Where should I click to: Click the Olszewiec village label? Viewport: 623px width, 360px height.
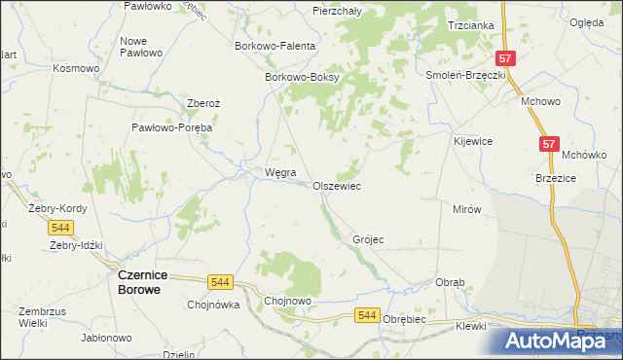pyautogui.click(x=337, y=186)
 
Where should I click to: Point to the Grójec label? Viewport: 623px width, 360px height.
pyautogui.click(x=369, y=238)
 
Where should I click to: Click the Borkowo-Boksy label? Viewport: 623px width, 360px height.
pyautogui.click(x=301, y=78)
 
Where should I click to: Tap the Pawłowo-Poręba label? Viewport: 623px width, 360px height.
pyautogui.click(x=172, y=127)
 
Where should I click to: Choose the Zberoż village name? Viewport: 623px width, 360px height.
pyautogui.click(x=204, y=103)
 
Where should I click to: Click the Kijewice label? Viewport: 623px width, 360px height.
pyautogui.click(x=473, y=141)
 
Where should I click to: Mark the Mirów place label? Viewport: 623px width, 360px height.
pyautogui.click(x=467, y=209)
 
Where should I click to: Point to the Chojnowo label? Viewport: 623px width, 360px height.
pyautogui.click(x=287, y=302)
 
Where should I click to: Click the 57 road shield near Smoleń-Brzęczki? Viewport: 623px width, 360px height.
pyautogui.click(x=504, y=58)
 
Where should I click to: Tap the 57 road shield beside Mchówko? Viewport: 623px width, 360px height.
pyautogui.click(x=549, y=144)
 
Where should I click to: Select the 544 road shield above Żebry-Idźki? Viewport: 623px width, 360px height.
pyautogui.click(x=60, y=228)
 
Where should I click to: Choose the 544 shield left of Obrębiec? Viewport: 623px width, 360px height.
pyautogui.click(x=366, y=314)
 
